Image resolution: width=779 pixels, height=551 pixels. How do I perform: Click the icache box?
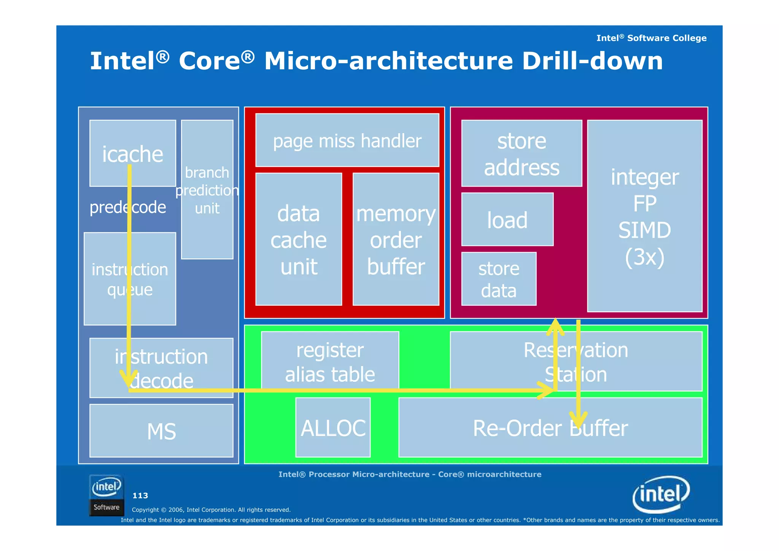[x=132, y=153]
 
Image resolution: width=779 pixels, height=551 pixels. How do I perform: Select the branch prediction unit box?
[x=207, y=190]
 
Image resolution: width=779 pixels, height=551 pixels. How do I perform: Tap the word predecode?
[x=127, y=208]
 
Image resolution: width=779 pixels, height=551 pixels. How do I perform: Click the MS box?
[x=161, y=431]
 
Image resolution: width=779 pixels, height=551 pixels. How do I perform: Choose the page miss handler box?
[x=347, y=140]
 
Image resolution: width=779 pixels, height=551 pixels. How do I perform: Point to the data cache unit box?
[x=299, y=239]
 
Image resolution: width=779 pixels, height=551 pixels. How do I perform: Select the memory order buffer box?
[x=396, y=239]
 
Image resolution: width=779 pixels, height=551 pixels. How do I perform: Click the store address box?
[x=521, y=153]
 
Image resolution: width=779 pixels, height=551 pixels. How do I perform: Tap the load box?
[x=507, y=219]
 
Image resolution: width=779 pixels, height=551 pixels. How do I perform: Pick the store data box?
[x=499, y=279]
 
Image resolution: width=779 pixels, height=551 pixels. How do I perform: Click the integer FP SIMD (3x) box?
[x=644, y=216]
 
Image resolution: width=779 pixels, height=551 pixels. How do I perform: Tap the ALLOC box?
[x=333, y=427]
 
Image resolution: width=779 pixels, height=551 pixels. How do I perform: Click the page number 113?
[x=140, y=495]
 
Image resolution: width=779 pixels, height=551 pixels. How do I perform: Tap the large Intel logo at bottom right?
[x=661, y=494]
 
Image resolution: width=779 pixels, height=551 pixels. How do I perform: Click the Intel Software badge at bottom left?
[x=107, y=495]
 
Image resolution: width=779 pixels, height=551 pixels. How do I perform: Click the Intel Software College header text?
[x=651, y=38]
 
